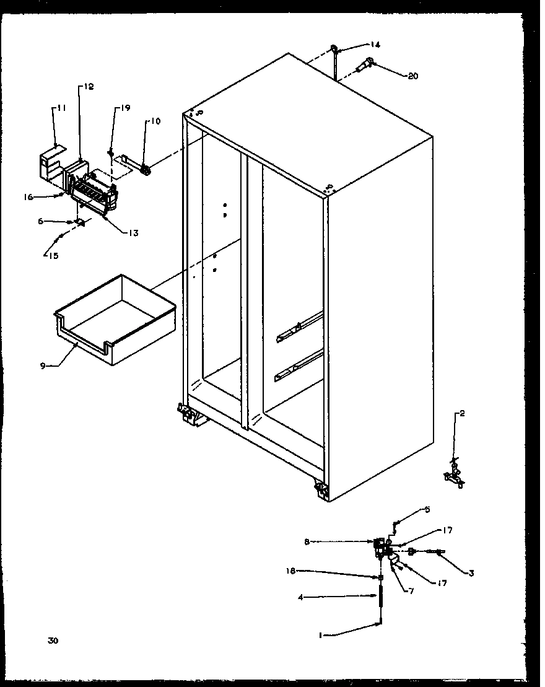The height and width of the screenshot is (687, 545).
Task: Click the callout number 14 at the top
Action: (x=375, y=45)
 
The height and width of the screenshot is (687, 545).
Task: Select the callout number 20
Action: (x=412, y=76)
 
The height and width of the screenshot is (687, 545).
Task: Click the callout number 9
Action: (x=43, y=365)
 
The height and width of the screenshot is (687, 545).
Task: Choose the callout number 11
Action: (x=61, y=108)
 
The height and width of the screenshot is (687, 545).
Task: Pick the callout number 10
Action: (x=154, y=121)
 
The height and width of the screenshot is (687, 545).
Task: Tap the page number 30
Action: (x=53, y=641)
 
